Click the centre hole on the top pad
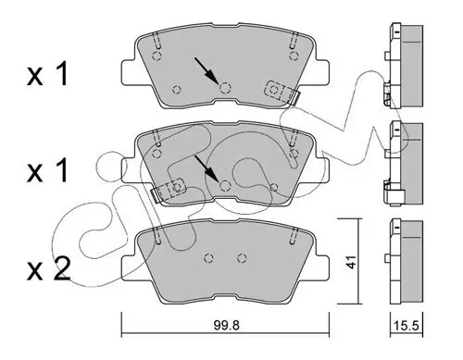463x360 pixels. pos(224,89)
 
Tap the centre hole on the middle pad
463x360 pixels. pos(224,184)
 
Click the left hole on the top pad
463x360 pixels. pos(175,89)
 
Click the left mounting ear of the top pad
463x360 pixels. pos(128,69)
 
